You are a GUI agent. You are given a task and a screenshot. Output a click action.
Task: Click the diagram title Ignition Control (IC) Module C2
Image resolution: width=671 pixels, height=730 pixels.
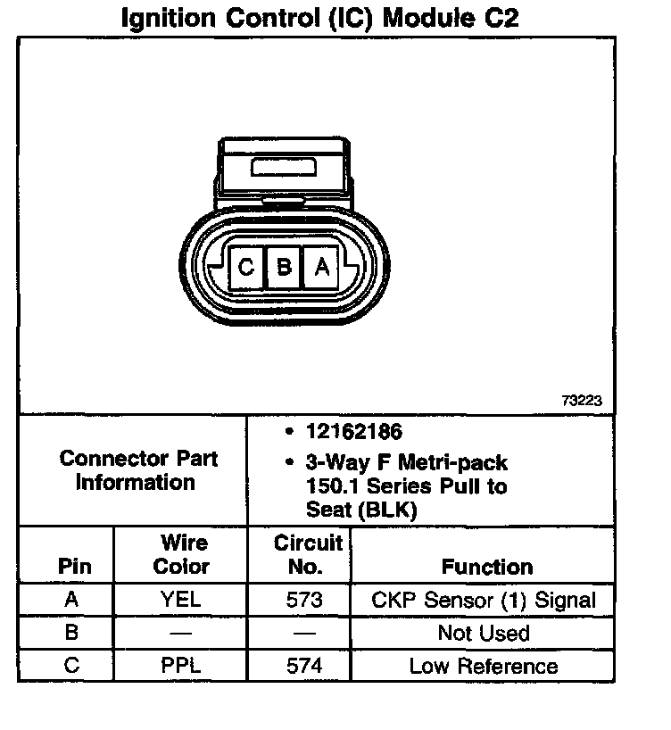coord(319,19)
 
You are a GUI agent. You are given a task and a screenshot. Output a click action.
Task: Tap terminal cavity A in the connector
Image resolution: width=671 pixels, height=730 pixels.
coord(323,266)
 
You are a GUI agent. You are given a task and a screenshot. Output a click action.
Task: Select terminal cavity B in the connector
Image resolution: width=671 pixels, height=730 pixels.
coord(285,266)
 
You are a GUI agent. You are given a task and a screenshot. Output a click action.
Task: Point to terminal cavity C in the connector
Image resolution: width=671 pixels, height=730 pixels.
coord(247,266)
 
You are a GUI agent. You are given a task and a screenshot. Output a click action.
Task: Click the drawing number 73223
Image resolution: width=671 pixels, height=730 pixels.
coord(582,402)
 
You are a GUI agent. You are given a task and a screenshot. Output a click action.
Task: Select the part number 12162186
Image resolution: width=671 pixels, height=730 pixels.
coord(354,432)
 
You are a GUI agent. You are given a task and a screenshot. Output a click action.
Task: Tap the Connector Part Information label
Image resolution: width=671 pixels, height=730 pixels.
coord(138,470)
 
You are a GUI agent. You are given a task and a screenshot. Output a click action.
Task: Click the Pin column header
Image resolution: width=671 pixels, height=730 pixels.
coord(74,567)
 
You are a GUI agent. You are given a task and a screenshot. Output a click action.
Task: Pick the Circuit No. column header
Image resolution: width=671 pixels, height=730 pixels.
coord(308,554)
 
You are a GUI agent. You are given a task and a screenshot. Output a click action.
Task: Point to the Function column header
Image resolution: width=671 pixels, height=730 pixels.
coord(487,567)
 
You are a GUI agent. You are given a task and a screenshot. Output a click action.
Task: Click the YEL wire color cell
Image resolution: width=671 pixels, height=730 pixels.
coord(181,600)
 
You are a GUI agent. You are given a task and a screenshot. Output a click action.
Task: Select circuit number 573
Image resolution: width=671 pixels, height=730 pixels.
coord(304,600)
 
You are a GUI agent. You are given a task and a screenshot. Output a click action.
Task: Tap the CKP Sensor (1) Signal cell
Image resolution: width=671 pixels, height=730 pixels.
coord(483,600)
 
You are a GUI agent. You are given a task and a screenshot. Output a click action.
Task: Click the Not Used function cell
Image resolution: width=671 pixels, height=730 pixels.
coord(483,634)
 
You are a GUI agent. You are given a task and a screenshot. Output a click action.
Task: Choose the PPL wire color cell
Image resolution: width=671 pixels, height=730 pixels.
coord(181,666)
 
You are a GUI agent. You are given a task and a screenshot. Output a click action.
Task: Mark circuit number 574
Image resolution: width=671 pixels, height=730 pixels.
coord(304,666)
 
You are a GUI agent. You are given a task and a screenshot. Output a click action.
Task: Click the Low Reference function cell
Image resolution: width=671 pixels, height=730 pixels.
coord(483,666)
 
